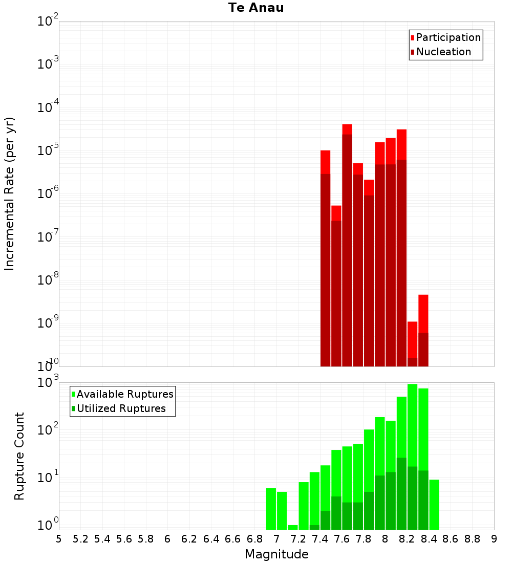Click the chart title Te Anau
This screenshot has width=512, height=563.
click(256, 8)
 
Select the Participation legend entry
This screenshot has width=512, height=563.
click(445, 37)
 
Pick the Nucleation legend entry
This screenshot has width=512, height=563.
click(441, 52)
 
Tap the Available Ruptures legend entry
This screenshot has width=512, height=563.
click(122, 394)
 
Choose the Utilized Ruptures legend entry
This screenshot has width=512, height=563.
click(119, 408)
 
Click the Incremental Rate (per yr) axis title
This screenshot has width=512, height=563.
click(10, 194)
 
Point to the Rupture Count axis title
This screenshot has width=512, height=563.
click(19, 456)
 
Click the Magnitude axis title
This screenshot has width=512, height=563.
click(276, 554)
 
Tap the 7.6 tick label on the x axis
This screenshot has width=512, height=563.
click(342, 539)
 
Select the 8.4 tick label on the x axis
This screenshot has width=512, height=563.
click(429, 539)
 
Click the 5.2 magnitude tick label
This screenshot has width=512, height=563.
click(80, 539)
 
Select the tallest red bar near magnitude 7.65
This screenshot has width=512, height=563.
click(347, 245)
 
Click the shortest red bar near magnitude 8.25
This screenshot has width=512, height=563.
click(413, 344)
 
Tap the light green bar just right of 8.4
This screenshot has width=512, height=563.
click(434, 505)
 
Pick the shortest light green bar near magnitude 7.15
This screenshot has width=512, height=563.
click(293, 528)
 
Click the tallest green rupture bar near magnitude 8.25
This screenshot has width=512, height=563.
click(413, 457)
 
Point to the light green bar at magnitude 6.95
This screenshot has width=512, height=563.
click(271, 509)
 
